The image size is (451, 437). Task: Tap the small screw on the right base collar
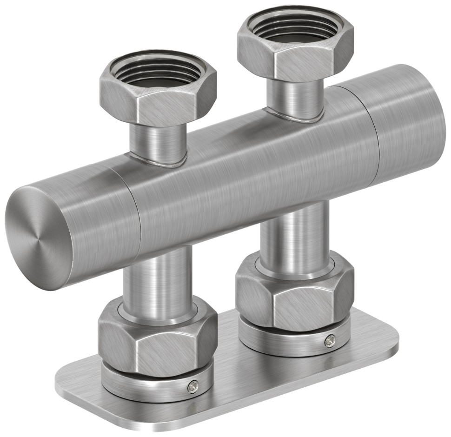330,341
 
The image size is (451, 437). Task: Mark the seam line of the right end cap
375,135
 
